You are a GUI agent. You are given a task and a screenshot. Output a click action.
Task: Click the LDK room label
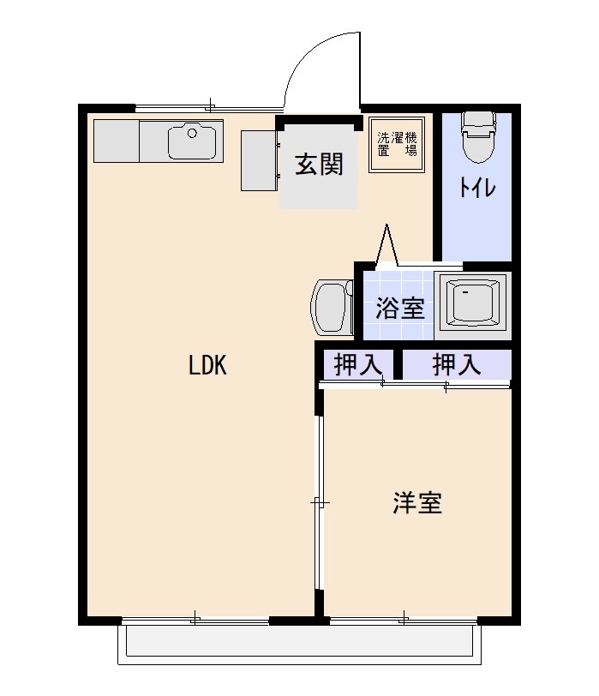(207, 366)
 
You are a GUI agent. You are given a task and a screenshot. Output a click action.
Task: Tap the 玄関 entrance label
(319, 164)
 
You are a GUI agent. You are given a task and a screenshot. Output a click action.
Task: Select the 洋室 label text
(417, 503)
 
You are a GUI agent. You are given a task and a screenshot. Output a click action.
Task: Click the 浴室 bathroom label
(400, 308)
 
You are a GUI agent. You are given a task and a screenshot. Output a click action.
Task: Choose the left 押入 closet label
(357, 365)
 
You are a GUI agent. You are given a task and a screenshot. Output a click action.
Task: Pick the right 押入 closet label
(456, 365)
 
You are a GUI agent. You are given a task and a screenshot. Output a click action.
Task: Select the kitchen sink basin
(195, 141)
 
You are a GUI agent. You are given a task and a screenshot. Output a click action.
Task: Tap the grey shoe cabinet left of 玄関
(258, 160)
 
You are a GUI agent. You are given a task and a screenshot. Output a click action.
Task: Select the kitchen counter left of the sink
(117, 141)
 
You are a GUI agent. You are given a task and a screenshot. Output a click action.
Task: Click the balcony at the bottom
(296, 642)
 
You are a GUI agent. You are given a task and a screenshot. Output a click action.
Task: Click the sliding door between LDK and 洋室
(318, 502)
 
